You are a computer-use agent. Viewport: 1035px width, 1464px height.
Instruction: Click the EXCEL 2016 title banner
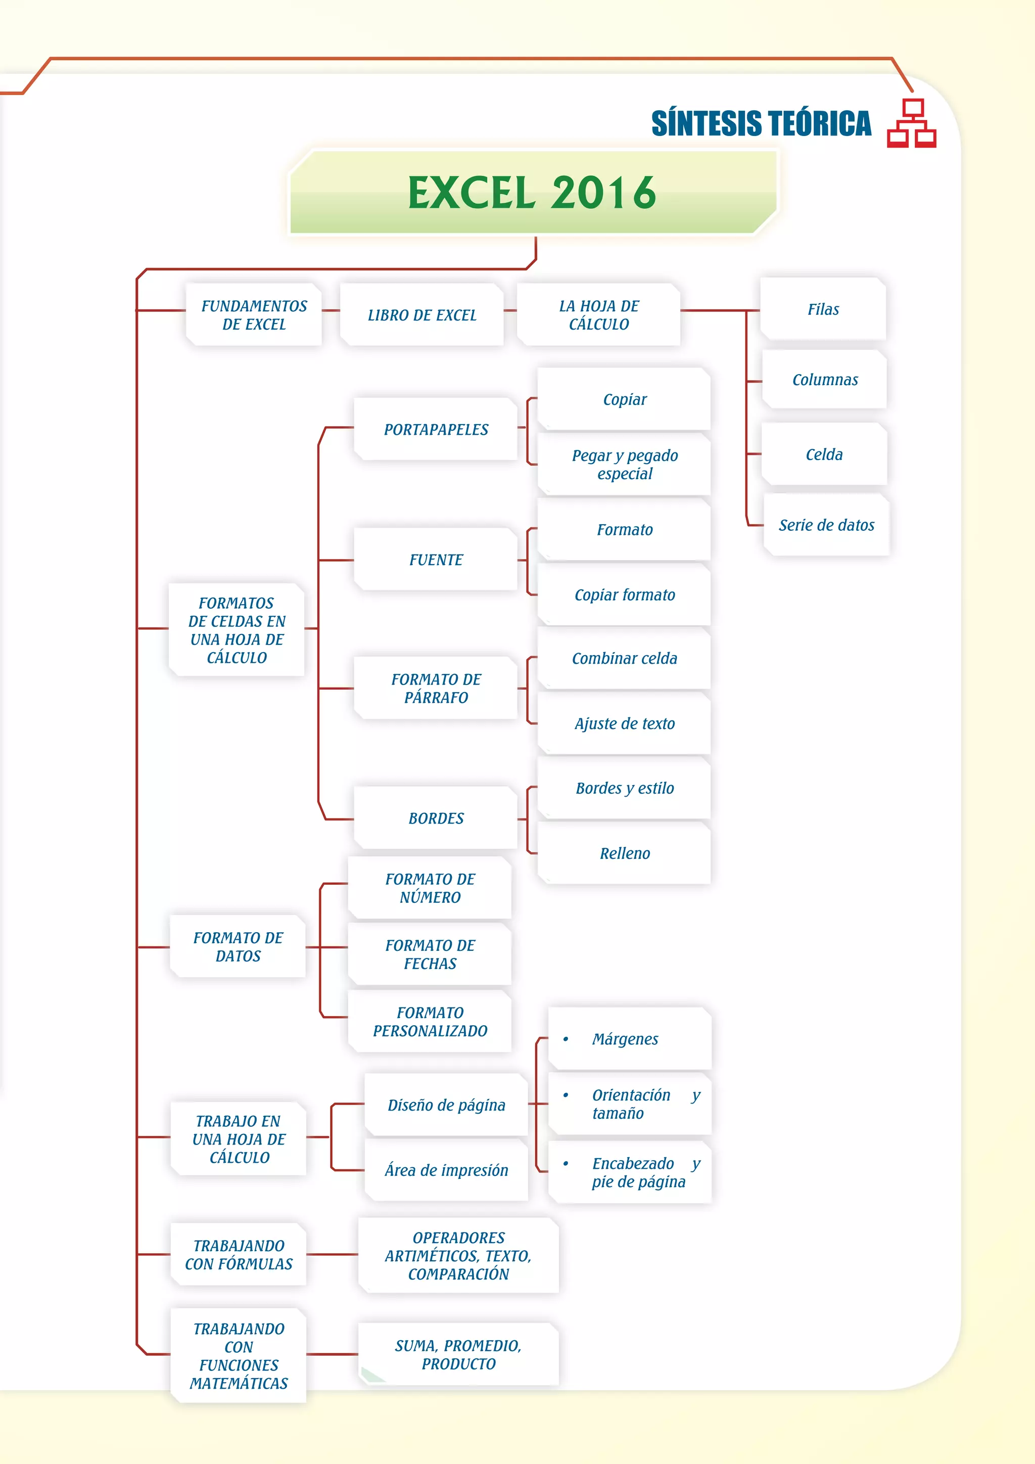(533, 193)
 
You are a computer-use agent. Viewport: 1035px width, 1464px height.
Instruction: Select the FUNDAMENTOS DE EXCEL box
(254, 315)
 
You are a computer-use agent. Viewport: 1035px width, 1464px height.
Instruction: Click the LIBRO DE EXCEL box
(422, 315)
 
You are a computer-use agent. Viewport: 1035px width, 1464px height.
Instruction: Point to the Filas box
(823, 309)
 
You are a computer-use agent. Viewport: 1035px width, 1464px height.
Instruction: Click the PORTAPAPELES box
(436, 429)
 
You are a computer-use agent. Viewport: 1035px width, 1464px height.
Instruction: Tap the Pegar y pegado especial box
(624, 464)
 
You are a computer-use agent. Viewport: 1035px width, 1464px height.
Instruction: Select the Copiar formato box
(624, 595)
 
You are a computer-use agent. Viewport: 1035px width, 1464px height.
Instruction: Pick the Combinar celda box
(624, 658)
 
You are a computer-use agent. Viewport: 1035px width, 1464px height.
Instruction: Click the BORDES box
(436, 818)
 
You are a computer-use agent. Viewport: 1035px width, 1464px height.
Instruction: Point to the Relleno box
(624, 853)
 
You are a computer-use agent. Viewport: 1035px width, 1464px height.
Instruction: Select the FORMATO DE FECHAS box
(430, 954)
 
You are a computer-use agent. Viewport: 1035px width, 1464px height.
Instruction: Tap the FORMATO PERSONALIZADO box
(430, 1022)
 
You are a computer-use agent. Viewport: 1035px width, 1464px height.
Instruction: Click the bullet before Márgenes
(566, 1039)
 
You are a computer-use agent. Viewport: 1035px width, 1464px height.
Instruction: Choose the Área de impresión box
(446, 1170)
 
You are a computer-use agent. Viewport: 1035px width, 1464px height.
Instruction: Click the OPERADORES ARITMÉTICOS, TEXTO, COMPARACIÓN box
(458, 1256)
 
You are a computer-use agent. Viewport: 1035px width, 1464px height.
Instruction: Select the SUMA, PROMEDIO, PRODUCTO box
(458, 1354)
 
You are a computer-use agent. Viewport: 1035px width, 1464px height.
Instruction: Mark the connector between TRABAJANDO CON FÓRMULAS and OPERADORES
(332, 1254)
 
